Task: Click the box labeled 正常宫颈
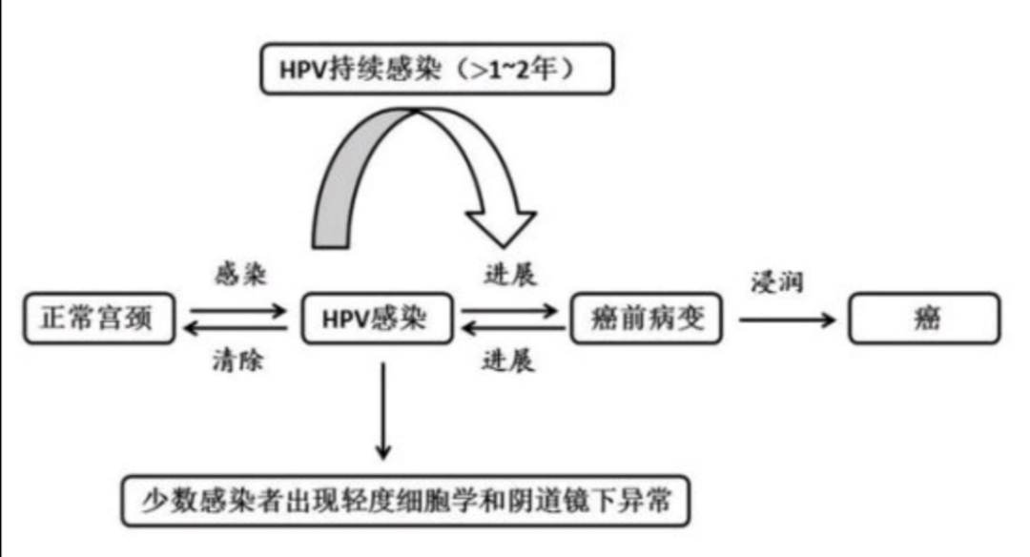(x=99, y=319)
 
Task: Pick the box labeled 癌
(x=925, y=319)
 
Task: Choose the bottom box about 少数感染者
(x=404, y=500)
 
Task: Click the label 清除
(x=239, y=361)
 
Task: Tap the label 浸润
(x=779, y=284)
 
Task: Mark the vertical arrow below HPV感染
(x=382, y=410)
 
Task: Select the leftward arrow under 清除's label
(x=238, y=329)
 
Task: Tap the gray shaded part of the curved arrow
(x=343, y=181)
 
